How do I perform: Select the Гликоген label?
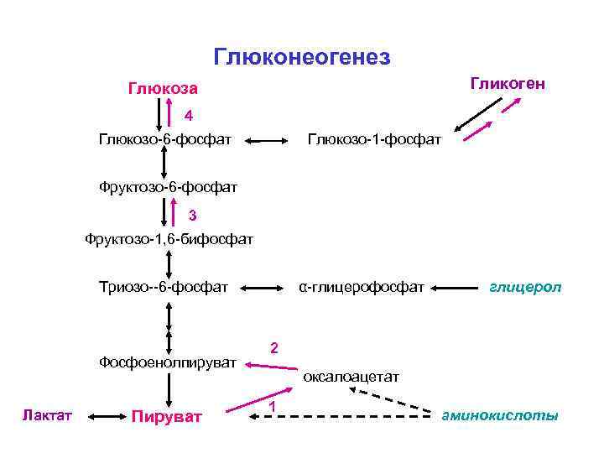(508, 84)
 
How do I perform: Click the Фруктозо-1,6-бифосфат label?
(169, 241)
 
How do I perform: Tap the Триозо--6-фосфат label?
(164, 288)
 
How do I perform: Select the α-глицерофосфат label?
(362, 288)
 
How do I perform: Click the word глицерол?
(526, 288)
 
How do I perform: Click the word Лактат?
(48, 415)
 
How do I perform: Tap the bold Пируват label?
(167, 416)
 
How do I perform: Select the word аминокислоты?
(501, 416)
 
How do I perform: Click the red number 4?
(190, 115)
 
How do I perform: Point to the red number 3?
(191, 214)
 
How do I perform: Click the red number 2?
(274, 347)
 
